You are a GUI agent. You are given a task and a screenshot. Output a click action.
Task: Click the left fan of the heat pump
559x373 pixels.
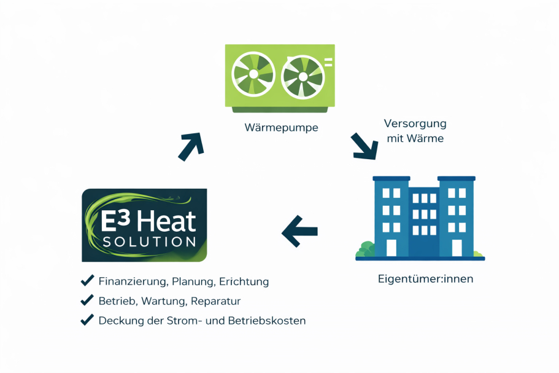point(253,74)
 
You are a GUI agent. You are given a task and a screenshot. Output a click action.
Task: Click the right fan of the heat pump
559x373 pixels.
point(303,77)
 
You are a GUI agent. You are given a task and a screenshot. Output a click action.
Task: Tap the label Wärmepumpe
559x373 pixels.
point(281,127)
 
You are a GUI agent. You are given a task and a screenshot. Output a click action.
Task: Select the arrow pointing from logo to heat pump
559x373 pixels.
point(191,146)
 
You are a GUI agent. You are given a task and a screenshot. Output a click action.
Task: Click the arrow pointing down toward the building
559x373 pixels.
point(364,146)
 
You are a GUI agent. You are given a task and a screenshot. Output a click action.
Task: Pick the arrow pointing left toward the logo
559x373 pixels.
point(299,232)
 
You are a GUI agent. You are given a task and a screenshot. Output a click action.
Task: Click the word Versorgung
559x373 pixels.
point(415,124)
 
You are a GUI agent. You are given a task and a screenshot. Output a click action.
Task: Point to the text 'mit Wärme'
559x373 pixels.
point(415,138)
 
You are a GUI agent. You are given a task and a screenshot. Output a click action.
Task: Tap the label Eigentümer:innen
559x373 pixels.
point(426,279)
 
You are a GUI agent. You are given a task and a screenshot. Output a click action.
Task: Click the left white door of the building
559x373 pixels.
point(391,248)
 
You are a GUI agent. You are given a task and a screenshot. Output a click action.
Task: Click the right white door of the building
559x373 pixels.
point(457,248)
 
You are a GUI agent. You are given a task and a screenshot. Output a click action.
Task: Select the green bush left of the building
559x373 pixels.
point(366,249)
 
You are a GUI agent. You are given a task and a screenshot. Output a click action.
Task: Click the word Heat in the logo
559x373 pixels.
point(166,221)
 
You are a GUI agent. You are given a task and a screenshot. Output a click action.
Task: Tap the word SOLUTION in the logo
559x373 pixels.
point(149,242)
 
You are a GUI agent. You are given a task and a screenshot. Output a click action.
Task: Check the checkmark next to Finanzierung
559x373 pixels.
point(87,281)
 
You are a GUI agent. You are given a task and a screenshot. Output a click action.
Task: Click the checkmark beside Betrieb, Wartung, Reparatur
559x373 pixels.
point(87,300)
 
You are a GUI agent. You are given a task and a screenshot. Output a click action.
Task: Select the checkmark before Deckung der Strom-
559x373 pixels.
point(87,320)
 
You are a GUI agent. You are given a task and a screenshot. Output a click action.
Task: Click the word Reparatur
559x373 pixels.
point(216,301)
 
